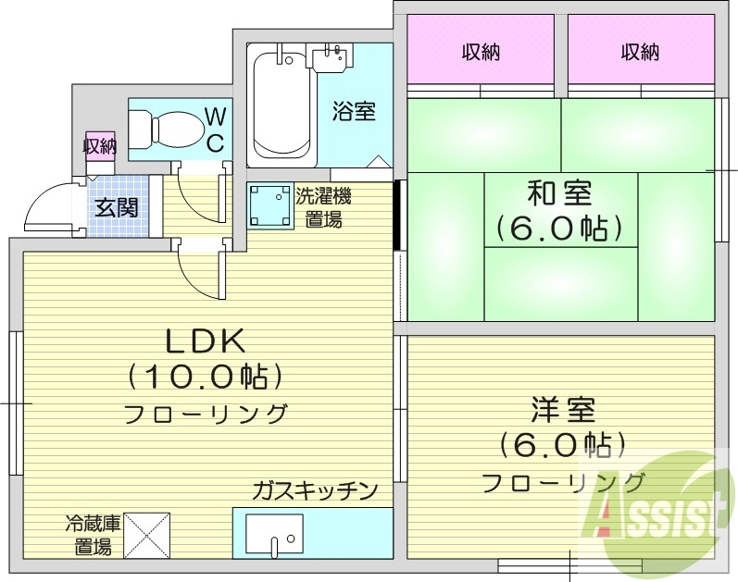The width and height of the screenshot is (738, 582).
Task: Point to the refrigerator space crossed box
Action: click(147, 535)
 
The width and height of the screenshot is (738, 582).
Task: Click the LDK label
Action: click(205, 342)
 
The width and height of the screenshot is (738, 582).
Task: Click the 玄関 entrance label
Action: click(117, 206)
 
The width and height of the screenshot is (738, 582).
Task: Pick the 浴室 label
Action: click(354, 111)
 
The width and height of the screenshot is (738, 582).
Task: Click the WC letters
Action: click(215, 130)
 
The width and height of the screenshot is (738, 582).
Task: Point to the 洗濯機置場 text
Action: click(323, 207)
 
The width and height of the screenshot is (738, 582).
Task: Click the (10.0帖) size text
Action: click(205, 377)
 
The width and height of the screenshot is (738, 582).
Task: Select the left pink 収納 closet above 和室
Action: click(482, 53)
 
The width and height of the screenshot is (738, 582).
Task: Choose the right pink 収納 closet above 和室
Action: click(640, 53)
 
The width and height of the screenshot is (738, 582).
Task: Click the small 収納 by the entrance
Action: click(99, 145)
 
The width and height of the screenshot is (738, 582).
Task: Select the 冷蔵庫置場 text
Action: click(88, 534)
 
